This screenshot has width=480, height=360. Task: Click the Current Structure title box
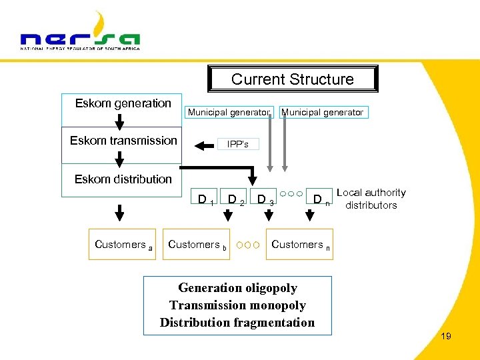coord(293,79)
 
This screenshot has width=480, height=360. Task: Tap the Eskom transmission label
coord(123,141)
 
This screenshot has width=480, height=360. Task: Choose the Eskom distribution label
coord(123,179)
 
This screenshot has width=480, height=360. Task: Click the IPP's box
coord(238,144)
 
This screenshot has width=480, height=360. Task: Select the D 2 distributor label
coord(236,199)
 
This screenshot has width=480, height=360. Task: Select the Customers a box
coord(123,245)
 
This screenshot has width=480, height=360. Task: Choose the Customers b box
coord(197,245)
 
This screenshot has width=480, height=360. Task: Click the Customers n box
coord(300,245)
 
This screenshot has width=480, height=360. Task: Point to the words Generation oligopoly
coord(237,288)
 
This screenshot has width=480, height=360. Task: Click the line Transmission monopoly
coord(237,305)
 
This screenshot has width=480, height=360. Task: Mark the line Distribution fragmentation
coord(237,323)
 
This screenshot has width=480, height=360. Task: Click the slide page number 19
coord(446,336)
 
